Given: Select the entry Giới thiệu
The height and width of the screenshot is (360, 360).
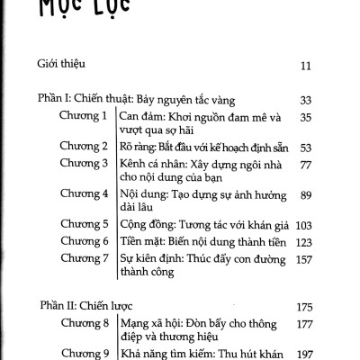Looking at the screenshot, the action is [60, 65].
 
